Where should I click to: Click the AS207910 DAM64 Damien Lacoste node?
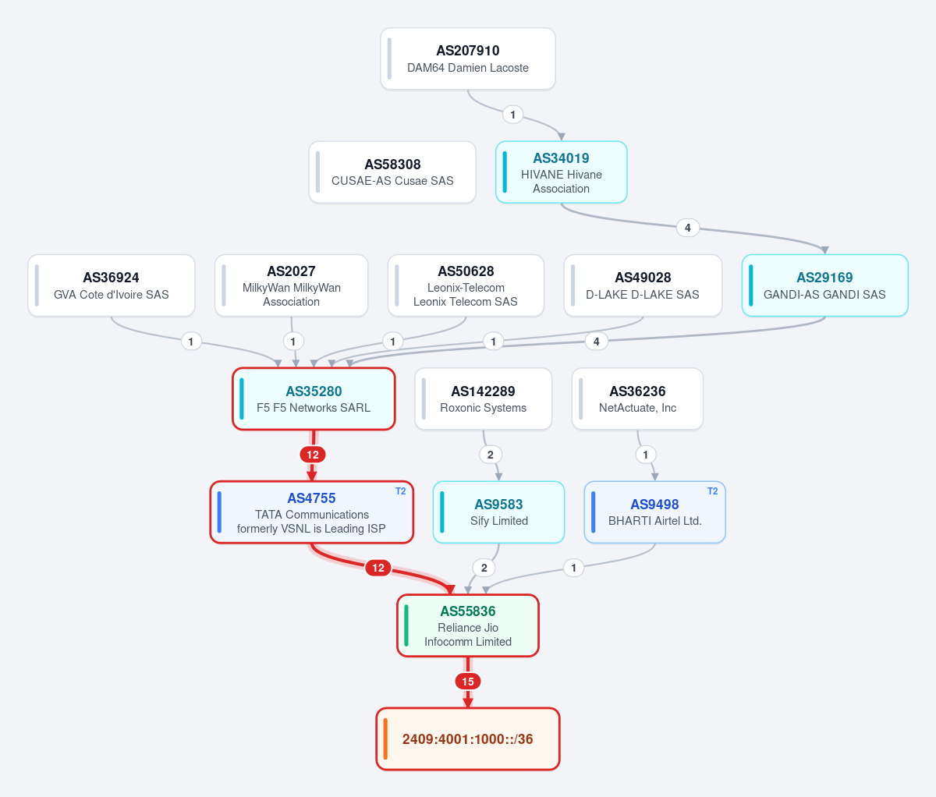(x=468, y=58)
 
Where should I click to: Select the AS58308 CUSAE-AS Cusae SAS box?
(x=392, y=172)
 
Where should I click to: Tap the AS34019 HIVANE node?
(x=561, y=172)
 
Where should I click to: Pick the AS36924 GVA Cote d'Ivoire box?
(x=112, y=285)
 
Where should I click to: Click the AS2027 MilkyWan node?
(x=291, y=285)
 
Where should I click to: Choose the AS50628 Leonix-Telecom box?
(x=466, y=285)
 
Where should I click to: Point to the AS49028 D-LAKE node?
(x=643, y=285)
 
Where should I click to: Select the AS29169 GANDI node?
(x=824, y=285)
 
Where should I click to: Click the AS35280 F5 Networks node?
(x=314, y=399)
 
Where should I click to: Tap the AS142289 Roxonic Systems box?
(x=483, y=399)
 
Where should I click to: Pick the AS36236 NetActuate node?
(x=637, y=399)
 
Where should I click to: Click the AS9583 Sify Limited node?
(x=498, y=512)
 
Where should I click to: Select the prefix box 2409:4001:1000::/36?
(x=468, y=739)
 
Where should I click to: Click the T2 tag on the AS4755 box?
(x=400, y=491)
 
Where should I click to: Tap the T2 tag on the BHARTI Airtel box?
(x=712, y=491)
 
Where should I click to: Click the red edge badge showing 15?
(x=468, y=681)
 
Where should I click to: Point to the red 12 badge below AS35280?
(x=313, y=455)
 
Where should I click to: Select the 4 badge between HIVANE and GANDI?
(x=687, y=228)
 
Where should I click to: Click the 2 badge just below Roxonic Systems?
(x=491, y=455)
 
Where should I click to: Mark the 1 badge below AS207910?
(x=512, y=115)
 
